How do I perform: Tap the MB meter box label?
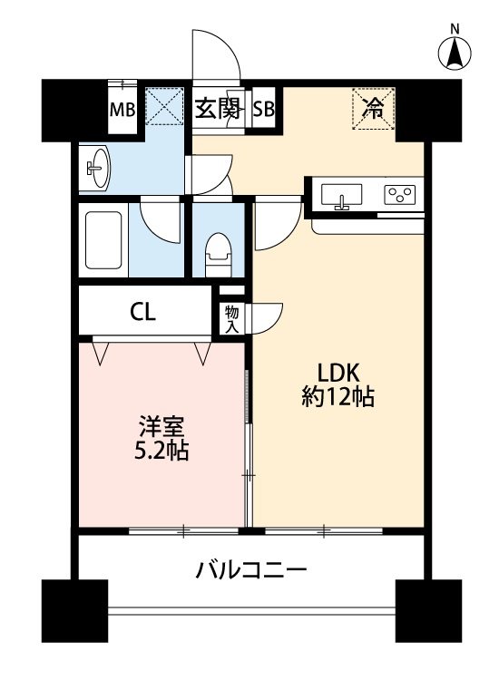pos(122,111)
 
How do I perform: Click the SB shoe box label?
pos(264,110)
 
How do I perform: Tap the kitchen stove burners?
pos(399,195)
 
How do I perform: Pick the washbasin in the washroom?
pos(96,167)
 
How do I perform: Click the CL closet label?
pos(143,314)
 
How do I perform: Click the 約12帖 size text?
pos(338,396)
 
